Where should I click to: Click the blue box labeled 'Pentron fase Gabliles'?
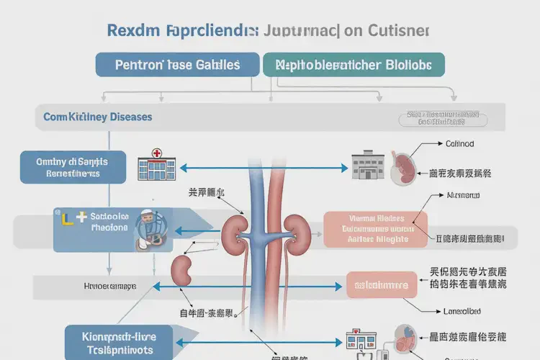[x=177, y=64]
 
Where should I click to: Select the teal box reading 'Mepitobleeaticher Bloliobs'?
[x=354, y=64]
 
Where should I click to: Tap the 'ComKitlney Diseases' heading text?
[x=98, y=117]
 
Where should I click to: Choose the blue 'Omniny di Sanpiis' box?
[x=72, y=168]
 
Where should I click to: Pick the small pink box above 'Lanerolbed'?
[x=381, y=284]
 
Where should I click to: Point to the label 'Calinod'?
[x=459, y=144]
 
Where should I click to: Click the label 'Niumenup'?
[x=463, y=195]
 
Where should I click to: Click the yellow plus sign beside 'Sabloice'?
[x=81, y=215]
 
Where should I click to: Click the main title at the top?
[x=268, y=31]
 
